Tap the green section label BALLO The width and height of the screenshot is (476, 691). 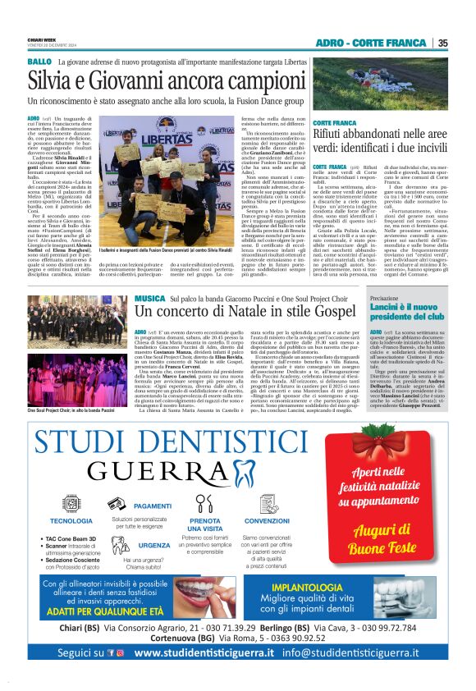tap(39, 62)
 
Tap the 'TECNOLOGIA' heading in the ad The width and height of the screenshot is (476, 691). tap(71, 520)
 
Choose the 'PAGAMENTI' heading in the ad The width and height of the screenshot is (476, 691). tap(152, 506)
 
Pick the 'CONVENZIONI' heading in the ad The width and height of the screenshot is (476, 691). tap(267, 520)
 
